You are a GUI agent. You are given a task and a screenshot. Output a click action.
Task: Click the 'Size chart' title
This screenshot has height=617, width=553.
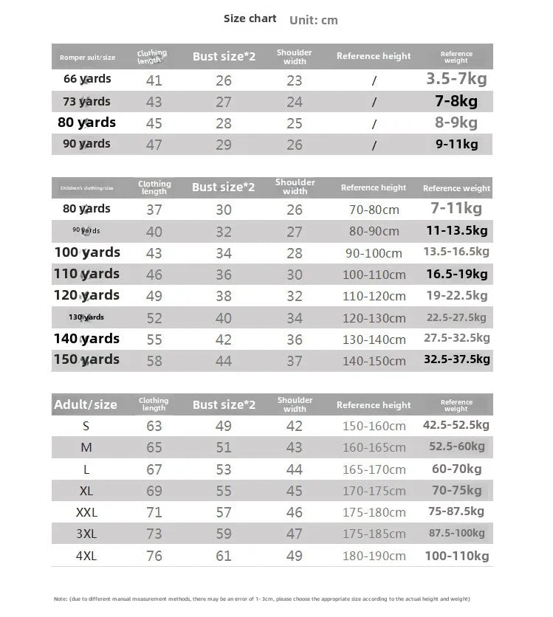[250, 18]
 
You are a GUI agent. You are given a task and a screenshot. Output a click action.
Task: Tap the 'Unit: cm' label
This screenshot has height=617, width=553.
[314, 20]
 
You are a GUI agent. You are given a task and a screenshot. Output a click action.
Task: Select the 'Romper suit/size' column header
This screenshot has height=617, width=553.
[88, 57]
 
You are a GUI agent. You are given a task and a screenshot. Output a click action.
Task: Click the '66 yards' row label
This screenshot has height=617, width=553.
[87, 79]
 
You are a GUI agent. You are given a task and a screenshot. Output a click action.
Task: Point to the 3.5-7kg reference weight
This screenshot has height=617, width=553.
[456, 79]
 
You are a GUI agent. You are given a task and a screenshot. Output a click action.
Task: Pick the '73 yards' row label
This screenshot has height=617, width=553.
[87, 101]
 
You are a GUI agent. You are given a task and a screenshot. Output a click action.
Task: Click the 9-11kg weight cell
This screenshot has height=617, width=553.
[456, 144]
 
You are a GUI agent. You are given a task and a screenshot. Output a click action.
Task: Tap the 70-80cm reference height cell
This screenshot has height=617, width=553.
[374, 210]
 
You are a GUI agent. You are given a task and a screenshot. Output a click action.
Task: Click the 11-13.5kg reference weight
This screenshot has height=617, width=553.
[456, 230]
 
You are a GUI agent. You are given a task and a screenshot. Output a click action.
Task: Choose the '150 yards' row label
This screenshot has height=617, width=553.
[86, 359]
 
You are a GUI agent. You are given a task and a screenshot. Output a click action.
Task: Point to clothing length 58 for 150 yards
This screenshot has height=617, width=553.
[154, 361]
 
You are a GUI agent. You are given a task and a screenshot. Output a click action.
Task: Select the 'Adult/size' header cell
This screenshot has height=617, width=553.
[86, 404]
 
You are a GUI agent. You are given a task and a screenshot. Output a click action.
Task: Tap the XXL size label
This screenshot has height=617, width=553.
[87, 512]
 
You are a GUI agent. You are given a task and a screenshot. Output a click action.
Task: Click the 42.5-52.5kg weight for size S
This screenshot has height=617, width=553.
[456, 425]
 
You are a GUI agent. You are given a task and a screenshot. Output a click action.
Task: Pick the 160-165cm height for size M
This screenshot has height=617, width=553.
[374, 447]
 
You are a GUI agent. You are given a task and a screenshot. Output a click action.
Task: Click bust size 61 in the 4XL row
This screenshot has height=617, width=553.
[224, 556]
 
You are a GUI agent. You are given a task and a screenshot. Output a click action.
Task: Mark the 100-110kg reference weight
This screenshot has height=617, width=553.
[456, 556]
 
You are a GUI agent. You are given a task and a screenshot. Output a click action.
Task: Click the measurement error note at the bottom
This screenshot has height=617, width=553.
[262, 599]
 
